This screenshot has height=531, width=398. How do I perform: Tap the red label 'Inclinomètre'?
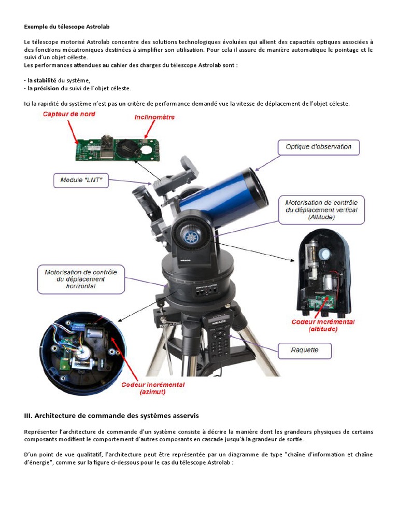[154, 117]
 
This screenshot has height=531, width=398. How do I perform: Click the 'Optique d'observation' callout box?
[318, 147]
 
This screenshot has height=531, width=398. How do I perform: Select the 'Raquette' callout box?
[304, 351]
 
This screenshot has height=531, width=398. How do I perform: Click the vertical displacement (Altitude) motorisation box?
[322, 209]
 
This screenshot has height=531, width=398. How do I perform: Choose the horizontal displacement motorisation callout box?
[81, 279]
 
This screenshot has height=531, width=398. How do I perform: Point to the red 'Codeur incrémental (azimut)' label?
[153, 388]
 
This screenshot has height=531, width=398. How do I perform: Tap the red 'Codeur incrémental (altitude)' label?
[323, 325]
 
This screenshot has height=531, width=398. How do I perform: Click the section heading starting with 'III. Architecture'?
[111, 415]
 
